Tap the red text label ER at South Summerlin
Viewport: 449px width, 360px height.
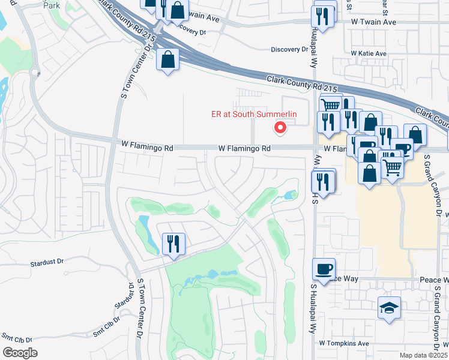[254, 115]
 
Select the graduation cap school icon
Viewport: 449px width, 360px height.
[389, 308]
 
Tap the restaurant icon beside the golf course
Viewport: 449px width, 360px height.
[173, 244]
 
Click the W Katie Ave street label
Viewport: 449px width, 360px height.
[369, 54]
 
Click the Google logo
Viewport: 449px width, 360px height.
[20, 352]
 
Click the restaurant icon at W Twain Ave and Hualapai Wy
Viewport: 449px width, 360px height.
[324, 16]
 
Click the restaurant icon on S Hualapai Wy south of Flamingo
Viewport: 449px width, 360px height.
[324, 182]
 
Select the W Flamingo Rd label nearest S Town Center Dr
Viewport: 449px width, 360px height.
[147, 146]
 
